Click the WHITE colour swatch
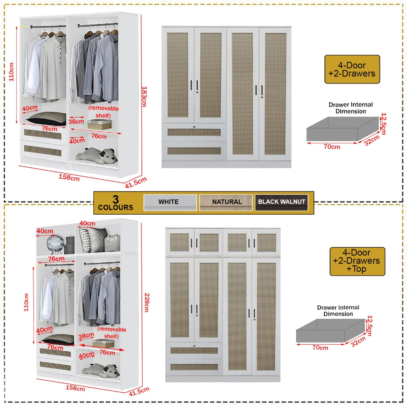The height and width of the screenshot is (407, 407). click(x=170, y=202)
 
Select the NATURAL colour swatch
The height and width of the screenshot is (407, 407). click(x=227, y=202)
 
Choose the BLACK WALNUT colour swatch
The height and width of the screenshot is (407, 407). click(x=281, y=202)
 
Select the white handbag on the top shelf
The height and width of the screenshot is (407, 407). click(x=112, y=242)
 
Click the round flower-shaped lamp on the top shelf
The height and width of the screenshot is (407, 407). click(x=55, y=243)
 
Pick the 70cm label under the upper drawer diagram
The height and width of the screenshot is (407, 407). click(x=331, y=147)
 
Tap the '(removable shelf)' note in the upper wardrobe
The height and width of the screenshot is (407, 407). click(x=103, y=112)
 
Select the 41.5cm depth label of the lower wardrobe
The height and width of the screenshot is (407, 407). click(x=139, y=391)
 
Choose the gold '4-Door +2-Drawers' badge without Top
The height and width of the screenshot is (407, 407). click(x=352, y=69)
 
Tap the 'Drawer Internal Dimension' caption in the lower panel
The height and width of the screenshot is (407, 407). click(x=338, y=310)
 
